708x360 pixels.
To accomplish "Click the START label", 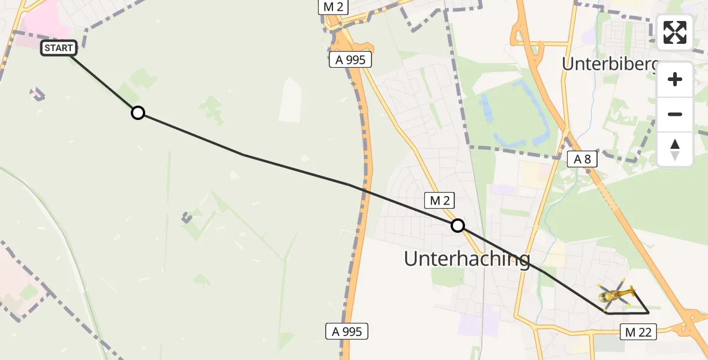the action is click(x=59, y=48).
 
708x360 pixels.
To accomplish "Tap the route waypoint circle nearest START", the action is click(x=138, y=113).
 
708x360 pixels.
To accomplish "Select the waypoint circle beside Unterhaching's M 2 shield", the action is click(x=458, y=226).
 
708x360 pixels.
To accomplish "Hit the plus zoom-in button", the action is click(x=675, y=80).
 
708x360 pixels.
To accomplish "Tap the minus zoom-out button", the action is click(x=675, y=114).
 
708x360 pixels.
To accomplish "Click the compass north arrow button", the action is click(x=675, y=149).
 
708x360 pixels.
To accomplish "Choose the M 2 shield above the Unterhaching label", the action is click(x=440, y=200).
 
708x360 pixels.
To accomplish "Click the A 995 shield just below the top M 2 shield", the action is click(x=350, y=59).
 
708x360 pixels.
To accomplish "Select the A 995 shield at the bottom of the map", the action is click(x=347, y=331).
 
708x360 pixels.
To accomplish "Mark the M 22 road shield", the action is click(x=638, y=331).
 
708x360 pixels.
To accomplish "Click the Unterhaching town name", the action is click(x=467, y=259).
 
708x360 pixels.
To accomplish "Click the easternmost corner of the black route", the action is click(x=649, y=313).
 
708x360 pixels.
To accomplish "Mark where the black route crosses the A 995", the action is click(x=364, y=191).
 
